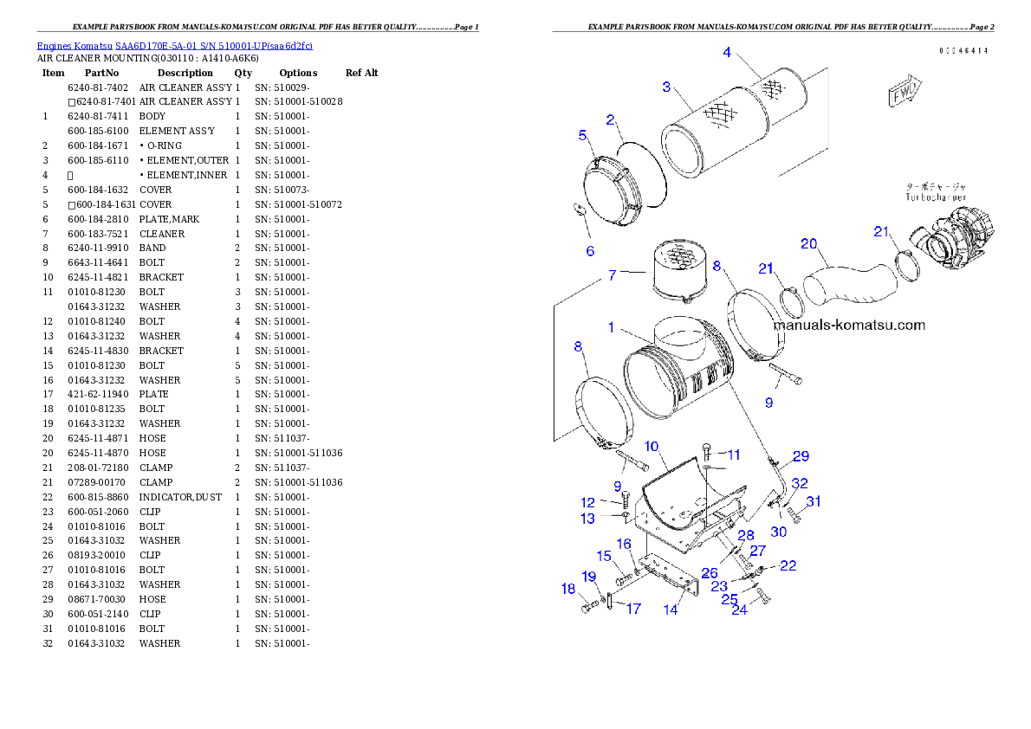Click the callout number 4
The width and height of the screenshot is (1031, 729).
click(728, 52)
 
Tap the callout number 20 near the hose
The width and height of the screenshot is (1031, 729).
click(808, 243)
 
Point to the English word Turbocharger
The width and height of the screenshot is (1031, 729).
click(936, 197)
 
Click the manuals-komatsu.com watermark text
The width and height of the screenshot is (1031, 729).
click(849, 326)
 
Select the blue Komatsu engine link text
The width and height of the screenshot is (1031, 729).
click(174, 45)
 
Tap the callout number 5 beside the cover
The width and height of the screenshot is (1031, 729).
click(583, 134)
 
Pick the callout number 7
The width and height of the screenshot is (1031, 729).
click(613, 275)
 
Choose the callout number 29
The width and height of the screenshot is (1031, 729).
click(801, 455)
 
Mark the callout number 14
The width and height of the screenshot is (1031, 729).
click(671, 610)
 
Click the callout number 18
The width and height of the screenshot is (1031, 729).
click(568, 589)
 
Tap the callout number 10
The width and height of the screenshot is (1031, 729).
click(652, 446)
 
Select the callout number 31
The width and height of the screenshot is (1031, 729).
click(814, 501)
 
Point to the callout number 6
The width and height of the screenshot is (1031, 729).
click(590, 251)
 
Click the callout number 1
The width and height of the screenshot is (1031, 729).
click(611, 327)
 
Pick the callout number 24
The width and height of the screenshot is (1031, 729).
click(739, 610)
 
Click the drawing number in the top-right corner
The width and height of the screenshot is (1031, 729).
click(963, 50)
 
